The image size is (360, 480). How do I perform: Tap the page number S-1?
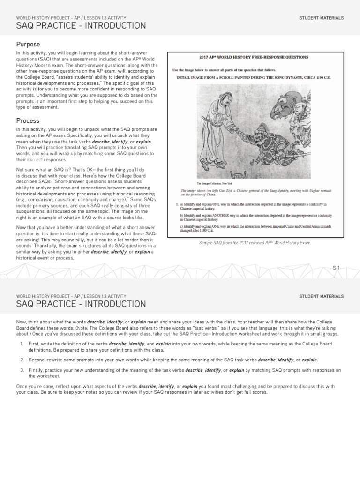(x=336, y=267)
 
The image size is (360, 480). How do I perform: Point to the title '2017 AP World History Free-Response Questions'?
(x=254, y=57)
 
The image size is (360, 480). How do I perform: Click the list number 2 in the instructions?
(x=22, y=360)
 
